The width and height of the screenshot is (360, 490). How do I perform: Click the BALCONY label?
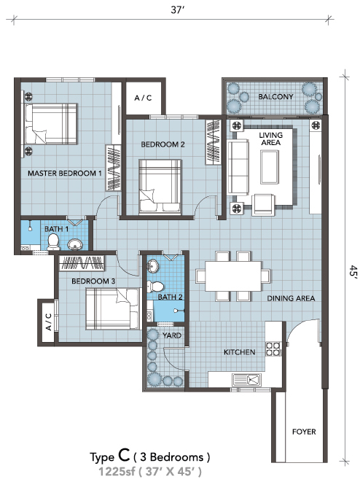(x=275, y=97)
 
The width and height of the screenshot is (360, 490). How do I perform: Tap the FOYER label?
(x=304, y=432)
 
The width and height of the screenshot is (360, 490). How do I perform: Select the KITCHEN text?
(x=240, y=352)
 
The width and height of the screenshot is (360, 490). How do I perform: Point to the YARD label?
(x=172, y=335)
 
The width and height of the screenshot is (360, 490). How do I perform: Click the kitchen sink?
(x=247, y=380)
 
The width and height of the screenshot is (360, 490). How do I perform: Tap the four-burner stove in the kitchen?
(x=273, y=349)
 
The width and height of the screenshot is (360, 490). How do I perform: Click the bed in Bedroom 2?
(x=160, y=187)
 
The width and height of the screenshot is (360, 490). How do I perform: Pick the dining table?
(x=233, y=276)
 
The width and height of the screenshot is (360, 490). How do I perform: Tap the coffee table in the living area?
(x=270, y=166)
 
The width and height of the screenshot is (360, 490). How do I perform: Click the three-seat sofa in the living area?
(x=238, y=168)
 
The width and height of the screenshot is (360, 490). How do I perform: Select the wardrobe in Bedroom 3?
(x=82, y=263)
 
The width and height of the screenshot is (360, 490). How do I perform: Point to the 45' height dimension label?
(x=353, y=271)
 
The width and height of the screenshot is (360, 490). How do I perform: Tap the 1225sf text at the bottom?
(x=117, y=472)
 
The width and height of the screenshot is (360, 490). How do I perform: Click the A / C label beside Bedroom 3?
(x=48, y=322)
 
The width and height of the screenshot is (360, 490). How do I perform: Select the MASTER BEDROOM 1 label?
(x=65, y=173)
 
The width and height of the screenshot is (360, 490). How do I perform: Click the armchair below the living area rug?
(x=264, y=205)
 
